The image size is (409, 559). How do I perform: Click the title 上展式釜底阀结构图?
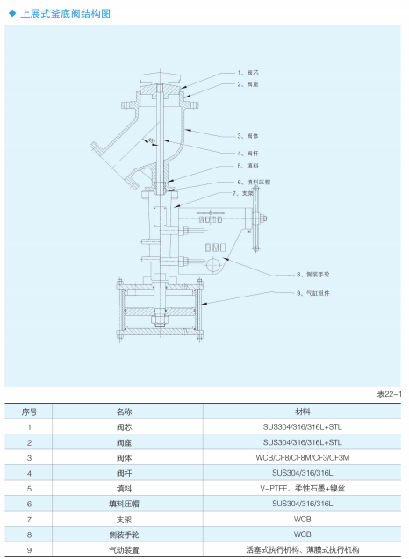tap(67, 13)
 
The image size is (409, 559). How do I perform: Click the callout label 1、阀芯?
tap(248, 73)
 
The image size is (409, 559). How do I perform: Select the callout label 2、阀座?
tap(248, 84)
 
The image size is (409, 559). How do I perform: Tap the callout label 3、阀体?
tap(248, 135)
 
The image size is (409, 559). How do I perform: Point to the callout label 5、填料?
tap(248, 166)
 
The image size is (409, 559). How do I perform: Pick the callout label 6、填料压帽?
tap(254, 182)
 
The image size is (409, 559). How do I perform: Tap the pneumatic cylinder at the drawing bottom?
tap(159, 314)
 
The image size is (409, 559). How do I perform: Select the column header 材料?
tap(302, 410)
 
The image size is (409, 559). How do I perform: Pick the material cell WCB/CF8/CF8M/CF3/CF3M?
tap(302, 456)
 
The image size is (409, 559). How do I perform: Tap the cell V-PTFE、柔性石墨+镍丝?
tap(302, 488)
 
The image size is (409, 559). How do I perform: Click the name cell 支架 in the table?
tap(123, 519)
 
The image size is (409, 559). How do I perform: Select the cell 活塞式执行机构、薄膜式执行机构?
tap(302, 549)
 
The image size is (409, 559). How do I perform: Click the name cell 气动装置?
tap(123, 549)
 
